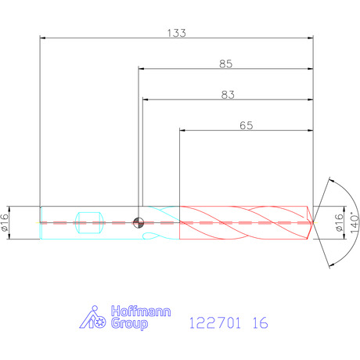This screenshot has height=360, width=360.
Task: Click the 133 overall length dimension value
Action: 176,33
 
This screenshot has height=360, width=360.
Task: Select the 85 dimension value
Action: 225,64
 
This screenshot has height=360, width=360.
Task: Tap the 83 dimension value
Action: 228,95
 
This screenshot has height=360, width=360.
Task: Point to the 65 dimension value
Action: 247,125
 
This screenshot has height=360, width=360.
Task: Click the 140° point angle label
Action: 355,222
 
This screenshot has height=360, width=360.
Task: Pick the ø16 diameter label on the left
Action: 5,222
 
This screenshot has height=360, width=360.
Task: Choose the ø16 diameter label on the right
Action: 339,222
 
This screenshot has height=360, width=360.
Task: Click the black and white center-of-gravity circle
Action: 139,223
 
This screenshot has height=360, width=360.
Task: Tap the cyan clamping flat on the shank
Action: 89,223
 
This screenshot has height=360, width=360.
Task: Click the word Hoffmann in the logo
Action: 141,311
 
